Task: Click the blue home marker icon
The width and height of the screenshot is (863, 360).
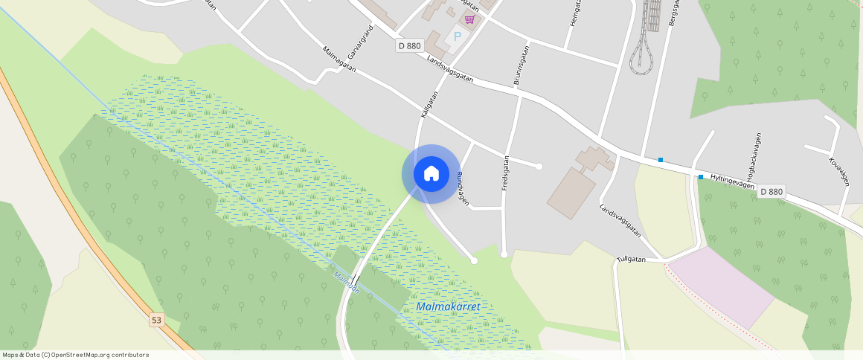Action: [431, 174]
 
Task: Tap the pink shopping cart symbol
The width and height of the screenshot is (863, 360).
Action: [469, 19]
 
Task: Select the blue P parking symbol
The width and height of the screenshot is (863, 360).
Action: [458, 36]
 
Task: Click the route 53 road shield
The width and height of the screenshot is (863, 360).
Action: [156, 320]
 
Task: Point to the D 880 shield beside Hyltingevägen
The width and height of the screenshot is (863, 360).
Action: [771, 192]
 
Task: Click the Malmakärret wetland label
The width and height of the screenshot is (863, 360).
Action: [448, 306]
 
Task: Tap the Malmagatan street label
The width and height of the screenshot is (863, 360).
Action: [340, 60]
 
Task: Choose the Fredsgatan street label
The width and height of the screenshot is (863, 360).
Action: [505, 173]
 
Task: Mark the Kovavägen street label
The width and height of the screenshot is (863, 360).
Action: [838, 170]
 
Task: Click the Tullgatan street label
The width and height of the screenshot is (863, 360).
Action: [631, 260]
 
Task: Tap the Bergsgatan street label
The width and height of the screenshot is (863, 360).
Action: [674, 13]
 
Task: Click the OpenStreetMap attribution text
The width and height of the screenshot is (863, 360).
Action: [76, 355]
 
